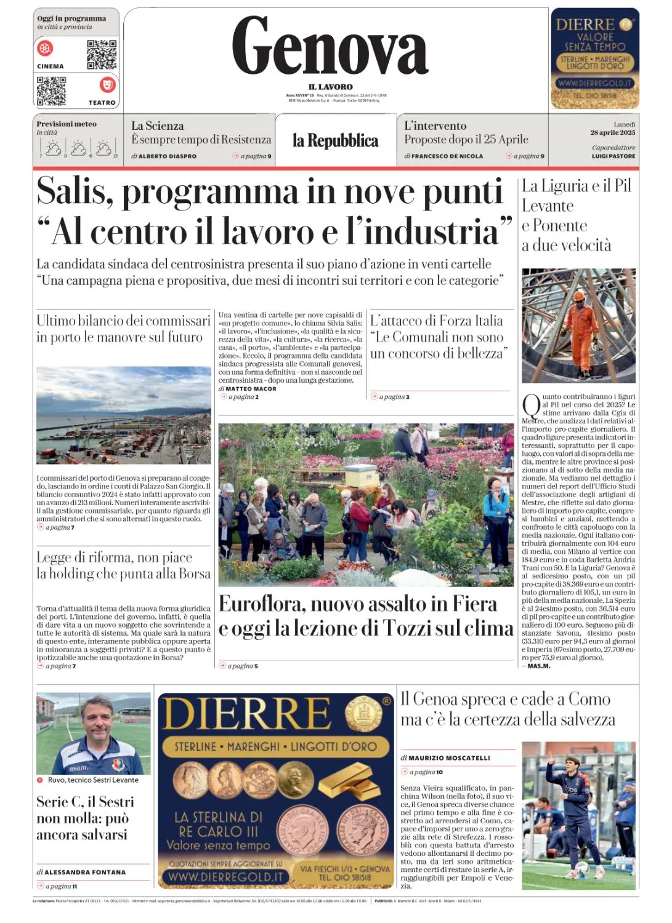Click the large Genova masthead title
coord(330,46)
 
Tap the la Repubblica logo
coord(335,141)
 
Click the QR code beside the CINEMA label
coord(102,55)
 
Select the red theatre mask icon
coord(107,84)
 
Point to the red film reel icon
coord(46,47)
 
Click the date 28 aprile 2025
coord(612,132)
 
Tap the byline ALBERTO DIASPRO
coord(168,156)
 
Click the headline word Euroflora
coord(262,604)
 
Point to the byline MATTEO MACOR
coord(251,389)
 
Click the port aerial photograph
coord(123,415)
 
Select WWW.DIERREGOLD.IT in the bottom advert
coord(225,877)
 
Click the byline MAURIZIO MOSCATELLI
coord(450,758)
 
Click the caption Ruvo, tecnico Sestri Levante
coord(93,780)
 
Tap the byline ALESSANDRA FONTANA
coord(85,873)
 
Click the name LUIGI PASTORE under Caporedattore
coord(613,156)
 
